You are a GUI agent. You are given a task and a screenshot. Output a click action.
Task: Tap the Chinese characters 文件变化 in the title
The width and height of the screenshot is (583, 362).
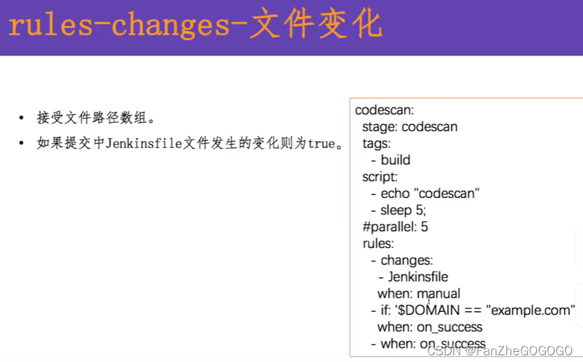316,26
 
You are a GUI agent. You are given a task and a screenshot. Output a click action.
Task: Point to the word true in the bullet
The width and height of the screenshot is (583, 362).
322,144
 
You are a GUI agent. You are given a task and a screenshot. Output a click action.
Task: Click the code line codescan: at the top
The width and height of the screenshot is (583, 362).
384,110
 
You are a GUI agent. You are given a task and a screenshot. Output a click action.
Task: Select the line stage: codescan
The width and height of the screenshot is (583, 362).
409,127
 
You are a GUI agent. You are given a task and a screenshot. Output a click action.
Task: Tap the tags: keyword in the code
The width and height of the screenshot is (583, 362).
376,143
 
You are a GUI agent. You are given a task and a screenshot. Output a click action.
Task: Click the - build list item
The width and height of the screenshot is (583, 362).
391,160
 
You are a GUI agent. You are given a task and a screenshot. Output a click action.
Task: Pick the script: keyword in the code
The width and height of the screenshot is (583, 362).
380,176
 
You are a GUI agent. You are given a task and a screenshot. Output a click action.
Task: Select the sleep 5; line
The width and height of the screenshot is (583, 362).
403,210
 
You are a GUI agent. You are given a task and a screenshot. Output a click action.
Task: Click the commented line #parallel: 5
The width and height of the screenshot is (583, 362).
395,226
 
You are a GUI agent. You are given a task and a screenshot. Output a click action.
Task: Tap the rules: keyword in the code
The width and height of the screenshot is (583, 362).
378,243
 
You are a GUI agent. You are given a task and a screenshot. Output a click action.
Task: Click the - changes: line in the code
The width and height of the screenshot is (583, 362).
402,260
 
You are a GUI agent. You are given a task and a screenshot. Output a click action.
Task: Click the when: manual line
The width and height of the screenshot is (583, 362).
419,294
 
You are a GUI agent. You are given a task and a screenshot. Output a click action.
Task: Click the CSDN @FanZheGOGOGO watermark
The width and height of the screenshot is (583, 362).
501,350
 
